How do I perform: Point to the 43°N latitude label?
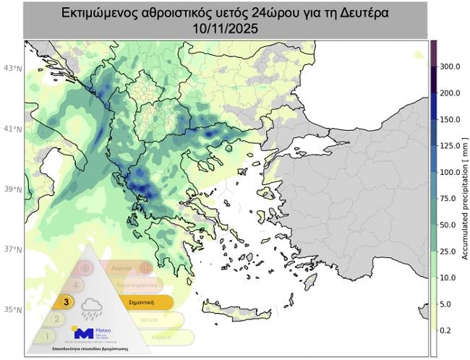pyautogui.click(x=12, y=69)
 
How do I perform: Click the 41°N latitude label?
pyautogui.click(x=12, y=129)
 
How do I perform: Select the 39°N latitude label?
pyautogui.click(x=12, y=189)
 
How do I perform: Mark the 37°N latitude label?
pyautogui.click(x=12, y=249)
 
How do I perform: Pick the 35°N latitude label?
pyautogui.click(x=12, y=309)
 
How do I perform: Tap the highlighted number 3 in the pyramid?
pyautogui.click(x=67, y=302)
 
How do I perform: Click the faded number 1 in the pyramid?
pyautogui.click(x=47, y=336)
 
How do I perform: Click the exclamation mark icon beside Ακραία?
pyautogui.click(x=145, y=268)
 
